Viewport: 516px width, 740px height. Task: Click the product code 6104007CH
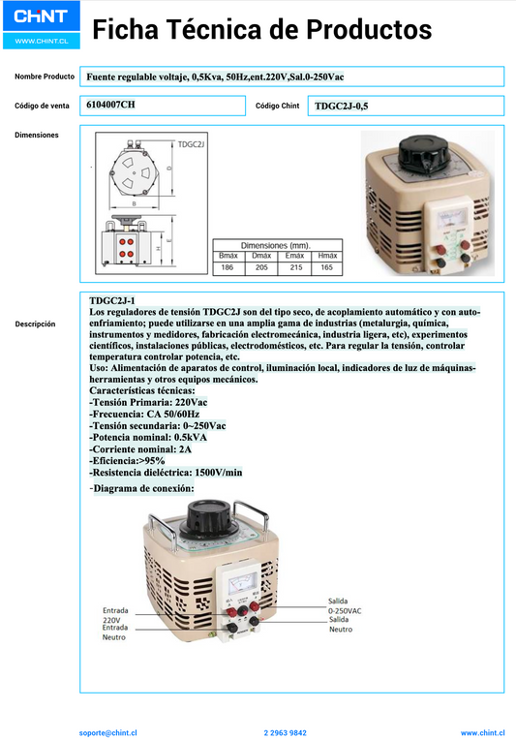111,105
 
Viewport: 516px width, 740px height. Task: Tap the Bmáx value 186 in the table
228,266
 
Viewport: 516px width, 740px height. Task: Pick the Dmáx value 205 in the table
261,266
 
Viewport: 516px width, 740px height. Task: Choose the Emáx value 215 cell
294,266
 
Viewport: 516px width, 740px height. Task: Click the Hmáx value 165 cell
327,266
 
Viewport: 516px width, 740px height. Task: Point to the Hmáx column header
327,255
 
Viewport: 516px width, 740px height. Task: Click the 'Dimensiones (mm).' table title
275,245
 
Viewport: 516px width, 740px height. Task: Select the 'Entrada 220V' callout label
116,615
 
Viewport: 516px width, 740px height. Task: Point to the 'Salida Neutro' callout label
341,625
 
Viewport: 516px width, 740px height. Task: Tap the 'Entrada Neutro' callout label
116,633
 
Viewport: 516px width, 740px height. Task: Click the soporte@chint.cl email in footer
108,733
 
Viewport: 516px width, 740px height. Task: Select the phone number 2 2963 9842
285,733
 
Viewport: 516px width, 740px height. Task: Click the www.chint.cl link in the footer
481,733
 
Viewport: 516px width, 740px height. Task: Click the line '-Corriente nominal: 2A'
140,448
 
